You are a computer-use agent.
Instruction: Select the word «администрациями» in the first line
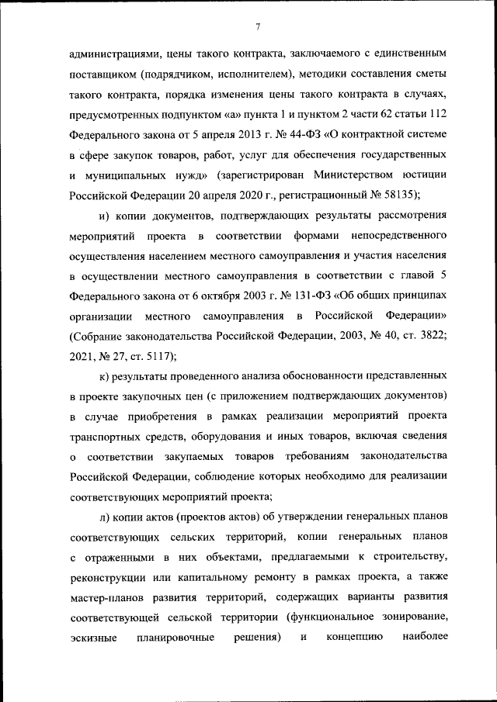[114, 55]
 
